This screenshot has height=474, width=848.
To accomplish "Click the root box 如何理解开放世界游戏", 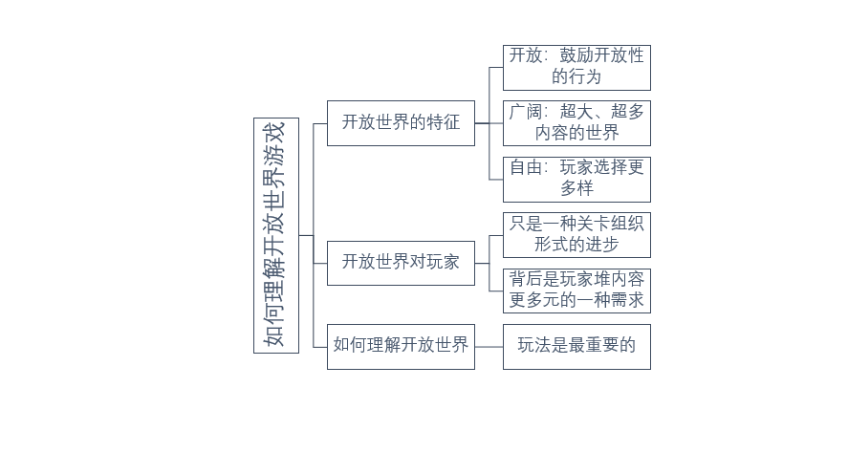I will pyautogui.click(x=276, y=235).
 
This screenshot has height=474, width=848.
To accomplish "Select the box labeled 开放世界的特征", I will pyautogui.click(x=401, y=122).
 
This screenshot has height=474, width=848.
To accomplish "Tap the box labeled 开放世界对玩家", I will pyautogui.click(x=401, y=263).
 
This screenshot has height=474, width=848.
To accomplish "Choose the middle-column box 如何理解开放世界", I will pyautogui.click(x=401, y=346).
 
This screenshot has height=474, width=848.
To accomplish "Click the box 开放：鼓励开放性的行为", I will pyautogui.click(x=576, y=67).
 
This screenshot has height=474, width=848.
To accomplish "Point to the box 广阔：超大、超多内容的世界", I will pyautogui.click(x=576, y=122).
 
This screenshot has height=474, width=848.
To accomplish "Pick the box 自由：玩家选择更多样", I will pyautogui.click(x=576, y=178).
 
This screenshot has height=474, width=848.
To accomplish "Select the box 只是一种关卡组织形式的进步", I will pyautogui.click(x=576, y=234).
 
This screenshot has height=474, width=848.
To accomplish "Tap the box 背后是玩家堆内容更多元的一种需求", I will pyautogui.click(x=576, y=291).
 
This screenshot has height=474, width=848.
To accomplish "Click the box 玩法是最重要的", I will pyautogui.click(x=576, y=346).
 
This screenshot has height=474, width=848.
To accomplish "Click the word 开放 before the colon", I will pyautogui.click(x=526, y=55).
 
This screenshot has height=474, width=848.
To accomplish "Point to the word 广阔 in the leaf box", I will pyautogui.click(x=526, y=112).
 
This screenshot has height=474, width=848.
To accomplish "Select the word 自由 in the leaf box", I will pyautogui.click(x=526, y=167).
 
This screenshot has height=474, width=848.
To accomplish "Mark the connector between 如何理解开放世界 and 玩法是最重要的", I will pyautogui.click(x=489, y=346).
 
